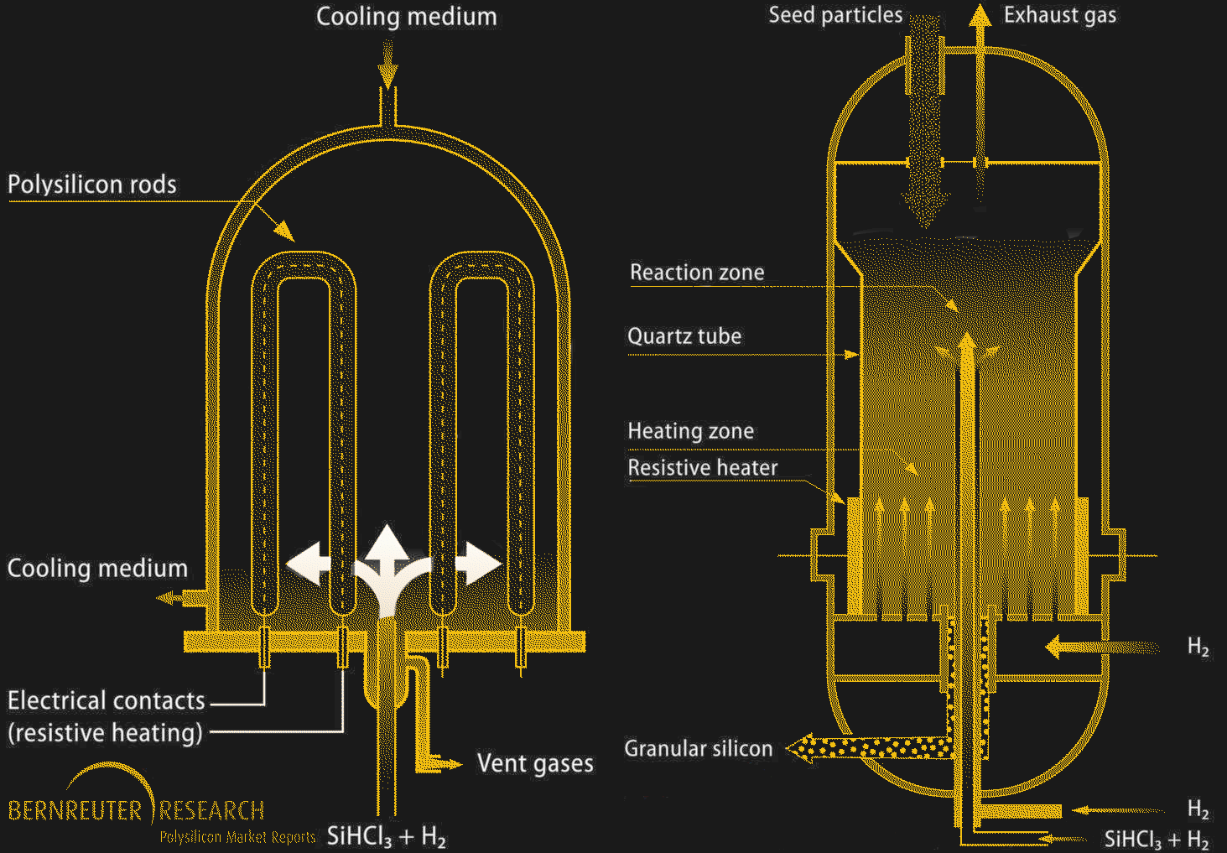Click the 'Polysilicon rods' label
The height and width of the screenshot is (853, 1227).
coord(92,185)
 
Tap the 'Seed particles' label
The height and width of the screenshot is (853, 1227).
coord(835,15)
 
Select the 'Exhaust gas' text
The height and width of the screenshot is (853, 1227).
coord(1060,15)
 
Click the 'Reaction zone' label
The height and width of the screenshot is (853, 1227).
coord(697,273)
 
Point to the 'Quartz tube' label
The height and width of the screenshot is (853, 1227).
coord(684,336)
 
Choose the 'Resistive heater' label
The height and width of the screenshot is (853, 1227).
coord(703,468)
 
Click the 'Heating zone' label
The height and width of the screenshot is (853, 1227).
coord(691,431)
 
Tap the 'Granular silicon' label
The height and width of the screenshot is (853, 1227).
coord(698,749)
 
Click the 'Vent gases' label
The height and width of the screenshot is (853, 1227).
coord(535,763)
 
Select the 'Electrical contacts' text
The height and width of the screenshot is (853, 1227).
coord(107,700)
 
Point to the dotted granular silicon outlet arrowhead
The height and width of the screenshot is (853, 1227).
coord(801,747)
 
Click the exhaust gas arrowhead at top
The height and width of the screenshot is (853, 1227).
coord(979,17)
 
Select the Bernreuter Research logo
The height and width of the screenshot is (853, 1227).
coord(137,805)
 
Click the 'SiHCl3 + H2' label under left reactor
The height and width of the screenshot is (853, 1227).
coord(386,836)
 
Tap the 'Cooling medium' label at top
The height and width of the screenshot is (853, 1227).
coord(406,17)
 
